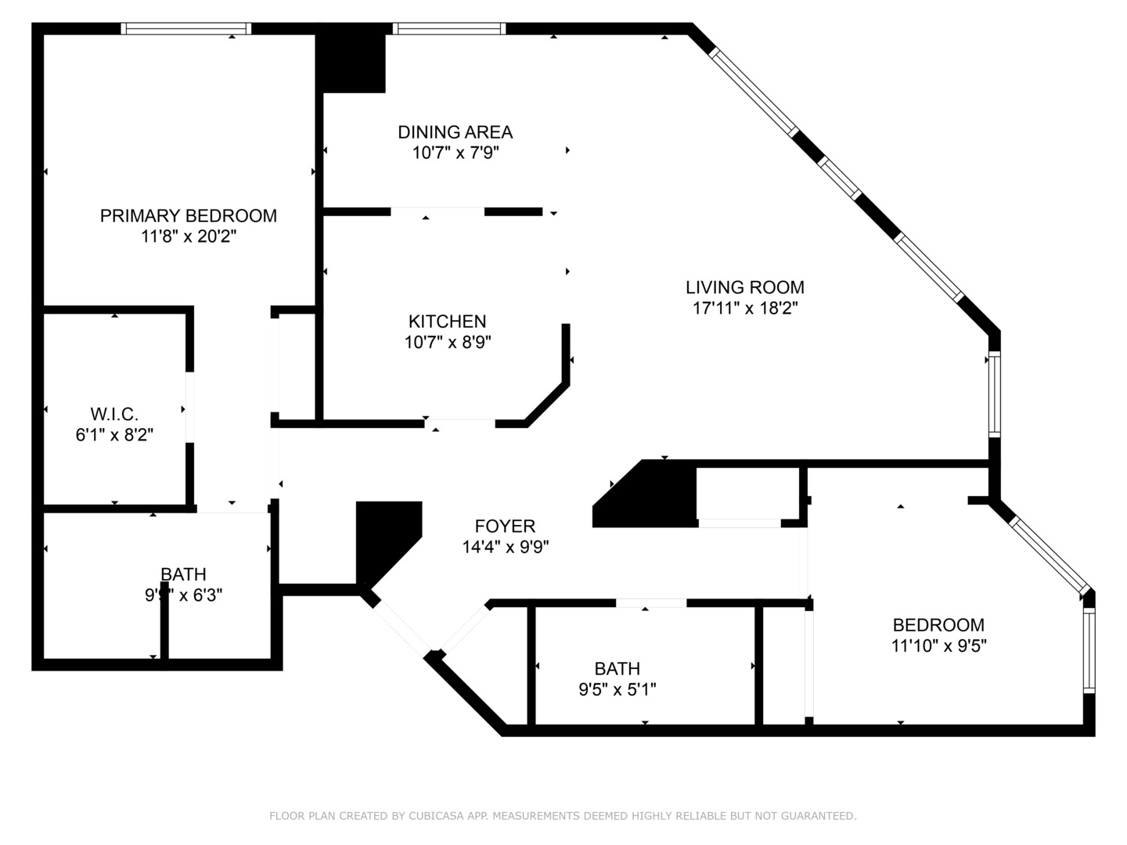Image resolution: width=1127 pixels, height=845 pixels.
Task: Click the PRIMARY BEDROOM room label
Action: point(188,215)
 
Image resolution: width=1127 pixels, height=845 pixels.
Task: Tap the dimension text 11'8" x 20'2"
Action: point(188,236)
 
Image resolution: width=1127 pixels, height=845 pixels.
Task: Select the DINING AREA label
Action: point(455,131)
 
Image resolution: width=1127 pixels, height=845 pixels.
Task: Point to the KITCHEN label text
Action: point(447,321)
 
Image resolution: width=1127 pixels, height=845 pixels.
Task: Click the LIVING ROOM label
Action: point(744,287)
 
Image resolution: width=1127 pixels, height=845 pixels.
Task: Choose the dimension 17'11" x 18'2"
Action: point(744,308)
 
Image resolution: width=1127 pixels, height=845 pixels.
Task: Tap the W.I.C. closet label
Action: point(114,413)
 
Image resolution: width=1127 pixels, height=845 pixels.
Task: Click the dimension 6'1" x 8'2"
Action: point(114,434)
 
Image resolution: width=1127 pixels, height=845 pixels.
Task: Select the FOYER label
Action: point(505,526)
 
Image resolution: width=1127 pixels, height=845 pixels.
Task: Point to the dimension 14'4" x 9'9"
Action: point(505,547)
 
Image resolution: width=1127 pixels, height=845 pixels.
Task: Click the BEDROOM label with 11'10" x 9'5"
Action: point(938,624)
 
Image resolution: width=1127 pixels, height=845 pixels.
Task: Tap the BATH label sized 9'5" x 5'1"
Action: point(617,668)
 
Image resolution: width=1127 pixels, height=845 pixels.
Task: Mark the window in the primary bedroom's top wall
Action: point(186,29)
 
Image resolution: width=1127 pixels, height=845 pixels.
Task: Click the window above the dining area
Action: point(448,29)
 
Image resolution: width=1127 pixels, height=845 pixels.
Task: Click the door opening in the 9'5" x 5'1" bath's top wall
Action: point(651,602)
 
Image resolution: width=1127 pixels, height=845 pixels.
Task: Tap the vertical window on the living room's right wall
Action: point(994,394)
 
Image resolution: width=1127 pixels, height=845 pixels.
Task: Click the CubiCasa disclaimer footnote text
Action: point(563,816)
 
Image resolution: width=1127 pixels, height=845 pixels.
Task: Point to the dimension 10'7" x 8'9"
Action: point(447,342)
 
